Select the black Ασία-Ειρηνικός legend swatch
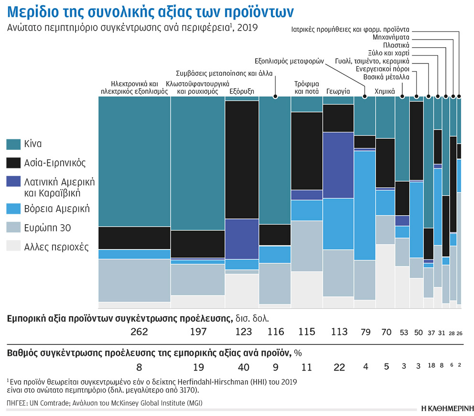click(x=13, y=163)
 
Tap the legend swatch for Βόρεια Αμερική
click(x=13, y=208)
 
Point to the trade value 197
click(x=197, y=332)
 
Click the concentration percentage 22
click(x=338, y=367)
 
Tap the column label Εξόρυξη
click(x=242, y=91)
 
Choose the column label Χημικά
click(x=385, y=91)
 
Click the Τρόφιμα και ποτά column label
click(x=306, y=86)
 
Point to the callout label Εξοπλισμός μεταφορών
click(x=290, y=61)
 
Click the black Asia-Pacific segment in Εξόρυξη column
click(x=241, y=160)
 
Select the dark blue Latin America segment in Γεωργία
click(x=338, y=165)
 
